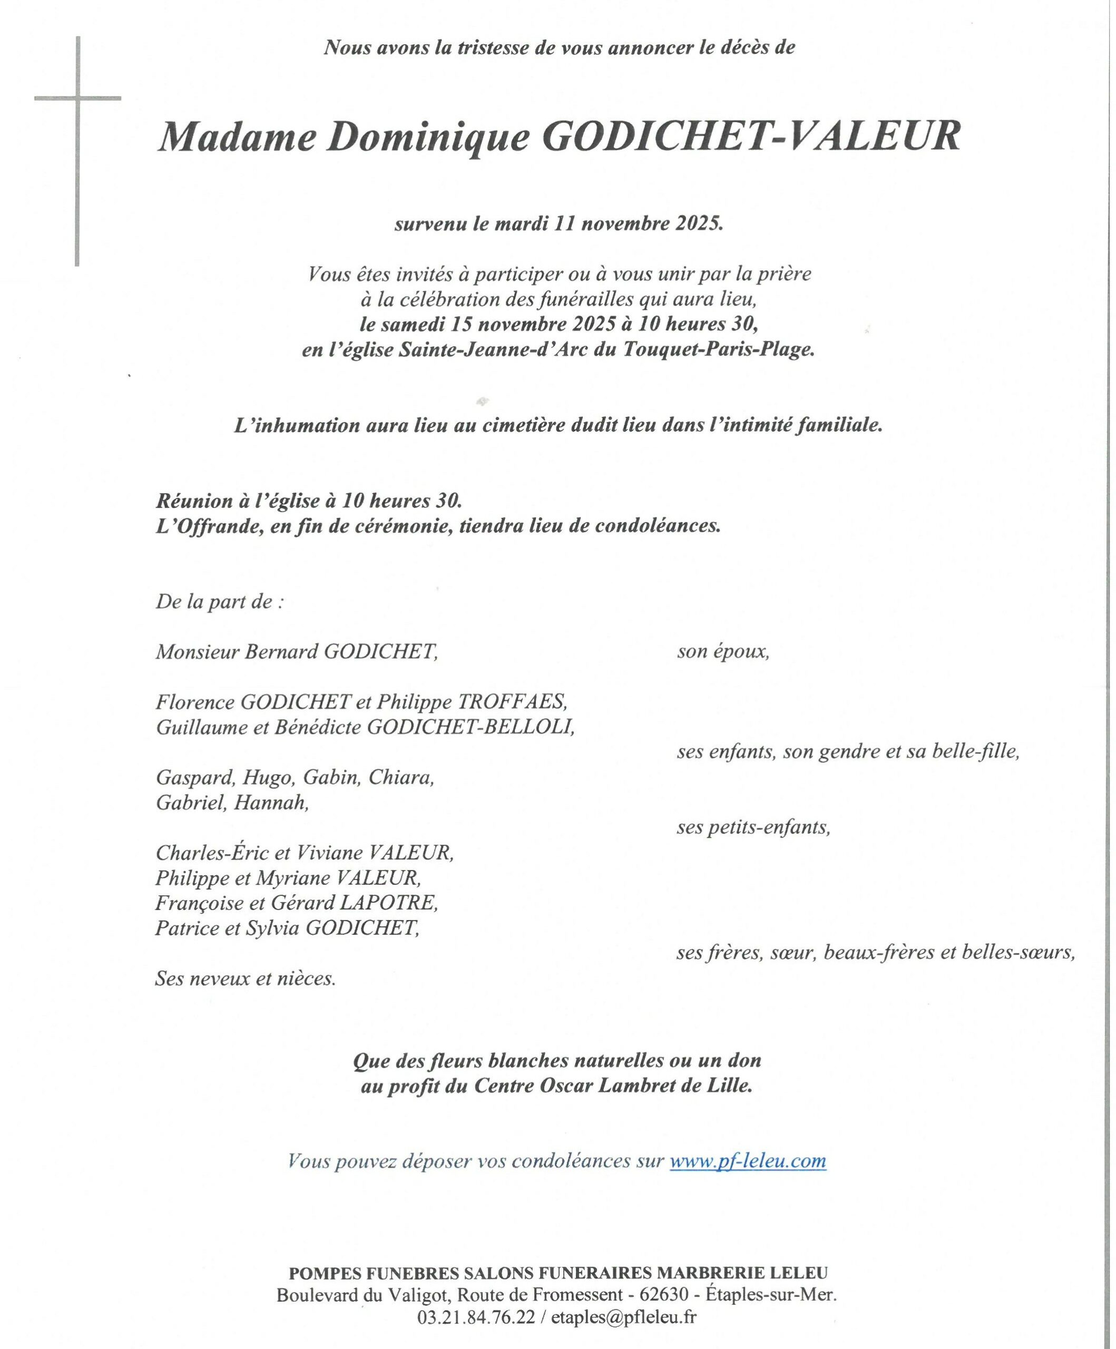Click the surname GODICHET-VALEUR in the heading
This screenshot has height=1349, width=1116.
pyautogui.click(x=751, y=138)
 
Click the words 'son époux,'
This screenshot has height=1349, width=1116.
pyautogui.click(x=723, y=651)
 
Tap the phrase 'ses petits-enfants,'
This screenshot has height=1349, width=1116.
pyautogui.click(x=753, y=827)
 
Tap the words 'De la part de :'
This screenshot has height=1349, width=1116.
pyautogui.click(x=219, y=602)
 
